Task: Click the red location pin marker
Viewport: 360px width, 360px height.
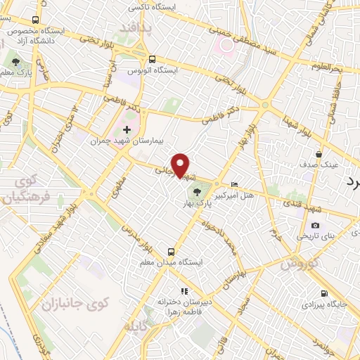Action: [181, 165]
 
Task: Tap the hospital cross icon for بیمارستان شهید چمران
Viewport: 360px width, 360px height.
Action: [127, 129]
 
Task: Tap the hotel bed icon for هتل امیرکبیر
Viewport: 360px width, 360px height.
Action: [234, 184]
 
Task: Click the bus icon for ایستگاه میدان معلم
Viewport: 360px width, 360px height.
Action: [171, 251]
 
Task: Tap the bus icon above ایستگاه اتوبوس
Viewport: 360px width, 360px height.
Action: [153, 59]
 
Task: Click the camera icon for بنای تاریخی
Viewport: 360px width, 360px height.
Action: [314, 225]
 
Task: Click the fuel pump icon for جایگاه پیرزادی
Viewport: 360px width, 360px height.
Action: [323, 294]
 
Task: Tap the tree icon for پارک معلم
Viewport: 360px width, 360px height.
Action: [15, 62]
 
